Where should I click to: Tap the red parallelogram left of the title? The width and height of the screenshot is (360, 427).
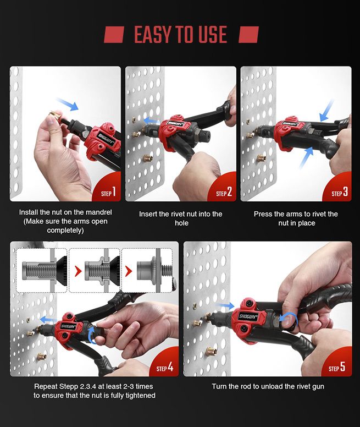click(x=114, y=35)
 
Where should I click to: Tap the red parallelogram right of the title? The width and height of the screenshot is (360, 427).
click(x=249, y=35)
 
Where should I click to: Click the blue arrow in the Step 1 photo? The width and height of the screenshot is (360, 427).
click(x=67, y=105)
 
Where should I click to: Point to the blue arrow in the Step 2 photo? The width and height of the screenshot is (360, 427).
click(x=152, y=121)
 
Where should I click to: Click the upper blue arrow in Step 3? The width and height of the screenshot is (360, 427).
click(x=326, y=110)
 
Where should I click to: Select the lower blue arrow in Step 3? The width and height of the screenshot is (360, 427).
click(x=306, y=158)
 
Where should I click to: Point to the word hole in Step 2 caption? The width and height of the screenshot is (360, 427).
click(x=181, y=223)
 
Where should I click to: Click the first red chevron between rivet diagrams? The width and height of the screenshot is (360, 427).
click(x=78, y=271)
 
